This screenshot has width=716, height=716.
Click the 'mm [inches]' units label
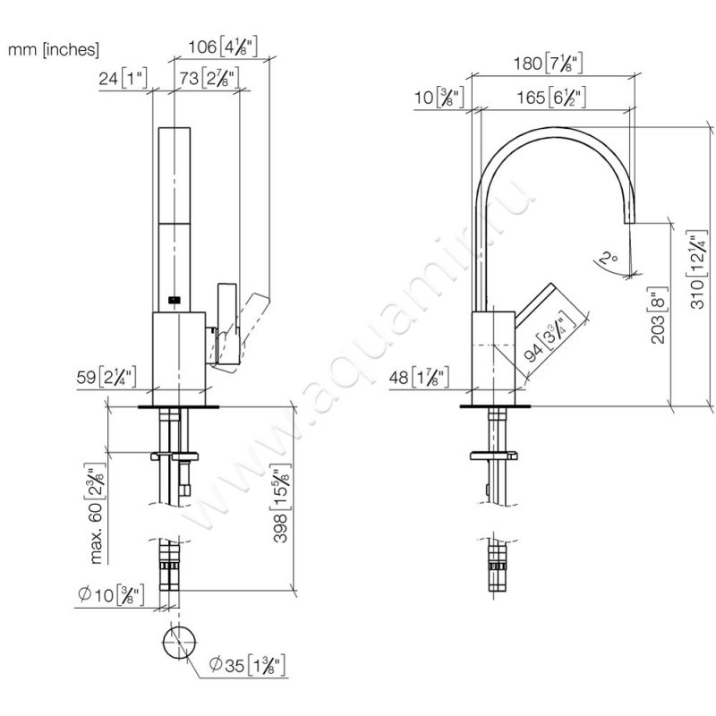point(54,50)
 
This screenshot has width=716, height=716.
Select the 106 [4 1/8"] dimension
point(225,47)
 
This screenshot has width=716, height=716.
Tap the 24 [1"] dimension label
point(123,78)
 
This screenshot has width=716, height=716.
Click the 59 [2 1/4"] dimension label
point(106,376)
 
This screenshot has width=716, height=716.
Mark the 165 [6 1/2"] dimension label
point(555,98)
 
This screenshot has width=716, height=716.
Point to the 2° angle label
point(609,260)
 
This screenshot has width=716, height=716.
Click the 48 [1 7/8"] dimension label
point(426,376)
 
